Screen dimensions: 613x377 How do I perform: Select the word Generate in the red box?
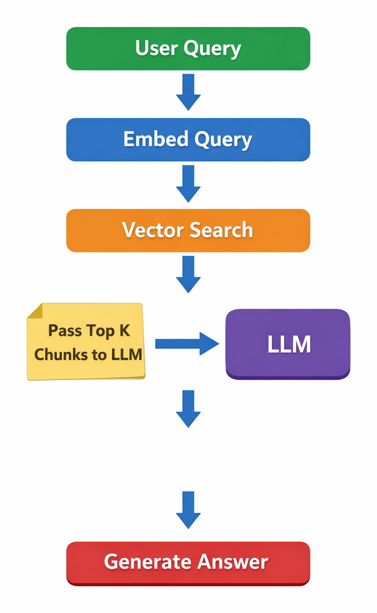pyautogui.click(x=142, y=562)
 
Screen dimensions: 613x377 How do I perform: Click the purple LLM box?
pyautogui.click(x=288, y=344)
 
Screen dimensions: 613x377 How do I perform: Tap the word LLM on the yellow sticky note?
pyautogui.click(x=127, y=354)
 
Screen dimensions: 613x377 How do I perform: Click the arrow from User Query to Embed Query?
pyautogui.click(x=188, y=92)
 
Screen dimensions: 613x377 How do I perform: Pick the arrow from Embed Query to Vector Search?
pyautogui.click(x=188, y=184)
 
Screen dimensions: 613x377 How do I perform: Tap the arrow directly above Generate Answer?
pyautogui.click(x=188, y=510)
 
